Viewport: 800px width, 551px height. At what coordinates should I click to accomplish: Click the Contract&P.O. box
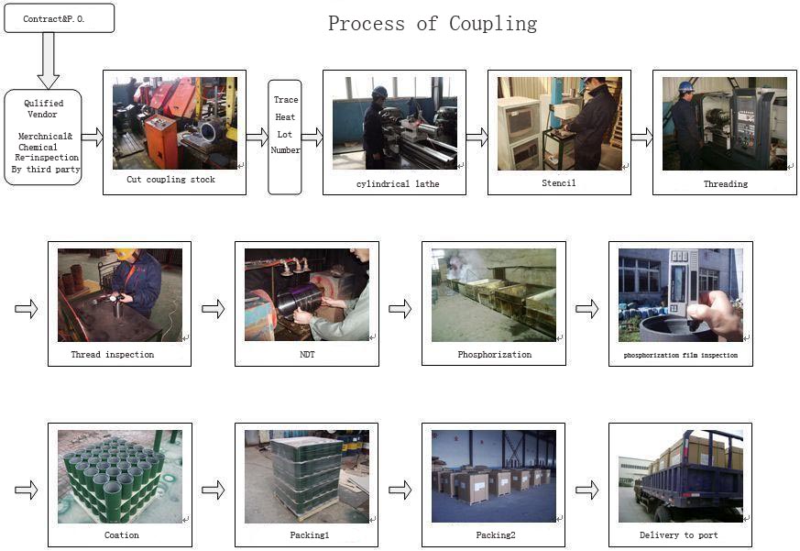click(x=60, y=18)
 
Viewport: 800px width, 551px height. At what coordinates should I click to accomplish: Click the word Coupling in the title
click(x=493, y=24)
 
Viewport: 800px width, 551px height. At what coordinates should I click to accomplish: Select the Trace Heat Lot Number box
click(x=285, y=138)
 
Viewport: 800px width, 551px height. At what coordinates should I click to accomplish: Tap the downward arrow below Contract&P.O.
click(x=49, y=61)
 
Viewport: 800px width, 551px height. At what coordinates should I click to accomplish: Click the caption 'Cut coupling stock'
click(x=171, y=180)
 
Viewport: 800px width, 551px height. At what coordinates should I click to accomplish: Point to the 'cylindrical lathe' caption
click(x=398, y=184)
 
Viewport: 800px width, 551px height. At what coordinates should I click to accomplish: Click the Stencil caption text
click(x=559, y=182)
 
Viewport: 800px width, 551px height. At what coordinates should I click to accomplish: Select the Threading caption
click(x=726, y=184)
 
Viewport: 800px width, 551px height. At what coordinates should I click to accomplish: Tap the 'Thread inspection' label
click(x=112, y=355)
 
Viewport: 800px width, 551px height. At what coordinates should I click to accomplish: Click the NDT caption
click(x=307, y=355)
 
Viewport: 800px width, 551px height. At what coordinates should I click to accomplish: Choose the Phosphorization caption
click(x=495, y=355)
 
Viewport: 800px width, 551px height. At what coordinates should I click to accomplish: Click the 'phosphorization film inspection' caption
click(x=681, y=355)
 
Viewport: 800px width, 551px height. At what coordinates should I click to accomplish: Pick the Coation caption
click(x=122, y=535)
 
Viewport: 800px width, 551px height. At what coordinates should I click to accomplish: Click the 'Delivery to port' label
click(x=678, y=535)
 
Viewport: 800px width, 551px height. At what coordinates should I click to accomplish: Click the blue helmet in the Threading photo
click(x=686, y=87)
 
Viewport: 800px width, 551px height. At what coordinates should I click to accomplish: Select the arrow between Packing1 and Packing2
click(x=400, y=490)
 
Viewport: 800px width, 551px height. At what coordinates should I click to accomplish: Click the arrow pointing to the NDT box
click(x=214, y=308)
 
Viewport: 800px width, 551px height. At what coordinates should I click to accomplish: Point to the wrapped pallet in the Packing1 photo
click(x=308, y=475)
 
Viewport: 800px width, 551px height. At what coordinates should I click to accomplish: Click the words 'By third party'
click(x=46, y=169)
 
